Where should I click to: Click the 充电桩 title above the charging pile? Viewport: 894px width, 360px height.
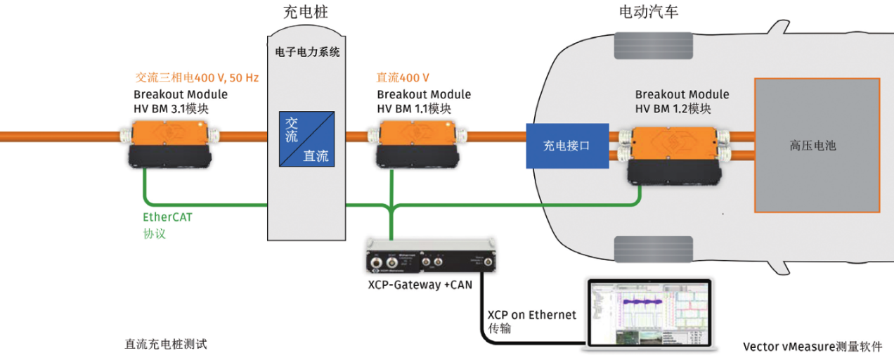click(305, 12)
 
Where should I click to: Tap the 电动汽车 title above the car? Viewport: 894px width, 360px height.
click(649, 12)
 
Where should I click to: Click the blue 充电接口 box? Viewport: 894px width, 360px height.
click(567, 146)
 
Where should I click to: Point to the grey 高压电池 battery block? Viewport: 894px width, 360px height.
click(816, 146)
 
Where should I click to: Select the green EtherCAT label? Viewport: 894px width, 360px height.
click(167, 217)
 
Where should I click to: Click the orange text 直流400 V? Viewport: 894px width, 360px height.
click(403, 77)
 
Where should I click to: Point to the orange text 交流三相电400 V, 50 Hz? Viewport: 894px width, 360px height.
click(197, 77)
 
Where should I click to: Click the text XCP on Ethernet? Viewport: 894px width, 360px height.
click(532, 314)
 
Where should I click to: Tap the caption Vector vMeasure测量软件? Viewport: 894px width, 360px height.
click(812, 347)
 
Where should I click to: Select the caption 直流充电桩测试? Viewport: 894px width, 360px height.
click(166, 344)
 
